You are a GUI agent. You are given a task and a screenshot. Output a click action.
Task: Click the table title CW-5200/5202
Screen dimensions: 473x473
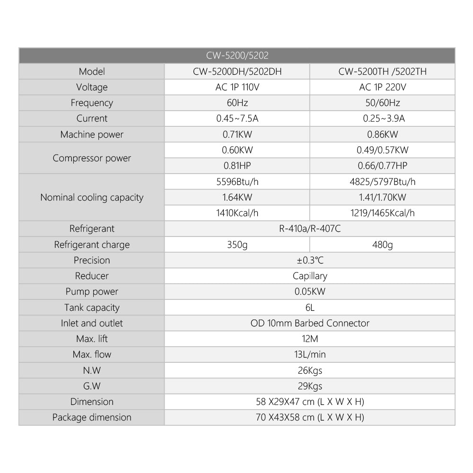[237, 55]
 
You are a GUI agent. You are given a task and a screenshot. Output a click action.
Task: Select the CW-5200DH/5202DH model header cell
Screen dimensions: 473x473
[237, 71]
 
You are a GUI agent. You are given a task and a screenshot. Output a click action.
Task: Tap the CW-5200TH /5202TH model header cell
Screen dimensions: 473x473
[382, 71]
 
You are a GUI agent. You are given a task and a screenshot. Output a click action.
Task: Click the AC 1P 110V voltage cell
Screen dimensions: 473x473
[237, 87]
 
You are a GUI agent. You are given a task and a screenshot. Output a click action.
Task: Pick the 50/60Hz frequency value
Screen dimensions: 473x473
[382, 103]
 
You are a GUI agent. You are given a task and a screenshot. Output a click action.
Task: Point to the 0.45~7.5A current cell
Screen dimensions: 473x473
[237, 118]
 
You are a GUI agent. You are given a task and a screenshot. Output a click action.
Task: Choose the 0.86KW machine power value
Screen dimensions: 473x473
[382, 134]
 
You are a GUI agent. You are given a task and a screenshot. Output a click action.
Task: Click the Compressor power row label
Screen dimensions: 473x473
[92, 158]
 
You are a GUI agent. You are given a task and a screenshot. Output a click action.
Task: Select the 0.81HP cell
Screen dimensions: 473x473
[237, 166]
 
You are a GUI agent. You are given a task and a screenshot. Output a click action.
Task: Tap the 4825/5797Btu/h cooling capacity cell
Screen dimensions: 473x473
[382, 182]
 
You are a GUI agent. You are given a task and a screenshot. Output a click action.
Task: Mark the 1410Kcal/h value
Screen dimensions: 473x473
[237, 213]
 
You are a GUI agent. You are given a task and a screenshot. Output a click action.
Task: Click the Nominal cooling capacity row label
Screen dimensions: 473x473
[92, 197]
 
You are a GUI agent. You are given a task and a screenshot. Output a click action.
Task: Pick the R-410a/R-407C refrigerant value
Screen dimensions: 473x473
[310, 229]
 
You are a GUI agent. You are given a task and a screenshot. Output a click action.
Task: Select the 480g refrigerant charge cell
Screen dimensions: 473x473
[382, 245]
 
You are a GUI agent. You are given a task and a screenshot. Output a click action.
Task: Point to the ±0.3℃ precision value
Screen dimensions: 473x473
[310, 260]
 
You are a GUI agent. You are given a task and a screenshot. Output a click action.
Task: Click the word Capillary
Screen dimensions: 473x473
[310, 276]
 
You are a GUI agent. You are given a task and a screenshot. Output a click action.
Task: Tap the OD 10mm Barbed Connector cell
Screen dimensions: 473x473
[310, 323]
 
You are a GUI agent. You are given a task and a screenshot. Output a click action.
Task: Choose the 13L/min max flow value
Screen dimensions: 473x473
[310, 354]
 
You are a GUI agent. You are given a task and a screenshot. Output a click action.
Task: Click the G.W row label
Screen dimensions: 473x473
[92, 386]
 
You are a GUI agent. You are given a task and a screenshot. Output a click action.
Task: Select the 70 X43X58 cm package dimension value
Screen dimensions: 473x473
[310, 417]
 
